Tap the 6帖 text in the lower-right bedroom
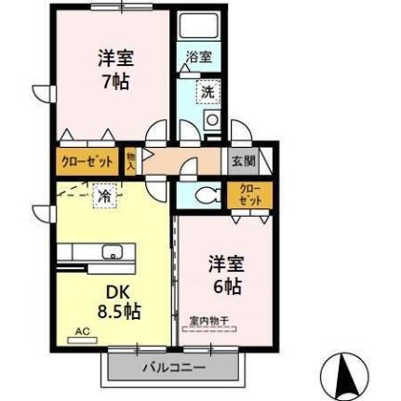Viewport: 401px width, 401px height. tap(226, 286)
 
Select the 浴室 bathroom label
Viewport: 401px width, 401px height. tap(199, 57)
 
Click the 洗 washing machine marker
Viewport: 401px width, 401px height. tap(207, 92)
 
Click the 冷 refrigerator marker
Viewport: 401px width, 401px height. tap(103, 196)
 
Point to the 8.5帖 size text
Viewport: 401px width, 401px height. tap(119, 311)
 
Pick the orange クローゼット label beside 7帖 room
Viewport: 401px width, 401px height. tap(87, 161)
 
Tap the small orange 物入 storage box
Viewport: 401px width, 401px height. tap(131, 161)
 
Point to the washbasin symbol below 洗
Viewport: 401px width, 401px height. tap(212, 120)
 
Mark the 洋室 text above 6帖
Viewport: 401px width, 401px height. tap(226, 262)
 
